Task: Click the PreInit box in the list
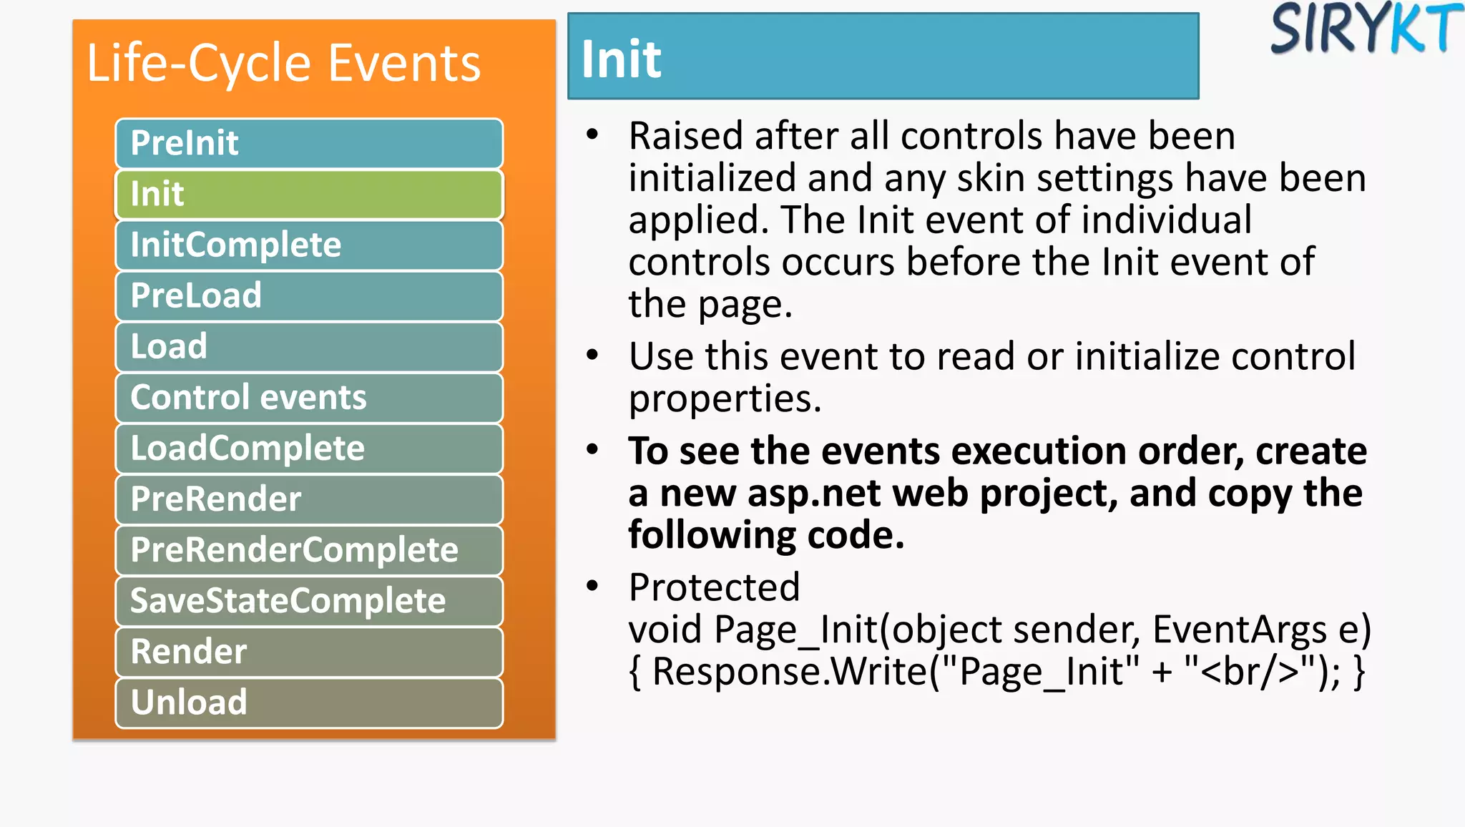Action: [x=309, y=143]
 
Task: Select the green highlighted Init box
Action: [x=309, y=194]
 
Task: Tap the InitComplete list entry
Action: [x=309, y=245]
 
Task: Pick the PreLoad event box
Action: [x=309, y=295]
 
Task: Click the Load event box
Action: [x=309, y=346]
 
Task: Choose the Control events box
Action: [x=309, y=397]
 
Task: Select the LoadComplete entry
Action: [x=309, y=448]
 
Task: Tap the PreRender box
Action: [x=309, y=499]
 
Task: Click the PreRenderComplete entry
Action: [x=309, y=549]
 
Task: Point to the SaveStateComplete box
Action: [x=309, y=600]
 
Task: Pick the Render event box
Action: [x=309, y=651]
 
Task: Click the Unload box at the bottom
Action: [x=309, y=702]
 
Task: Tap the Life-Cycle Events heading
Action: [x=283, y=63]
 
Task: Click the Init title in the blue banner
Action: [x=621, y=59]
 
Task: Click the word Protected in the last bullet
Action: [x=714, y=587]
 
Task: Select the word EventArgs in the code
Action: [x=1239, y=630]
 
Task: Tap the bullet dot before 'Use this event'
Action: [x=592, y=355]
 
